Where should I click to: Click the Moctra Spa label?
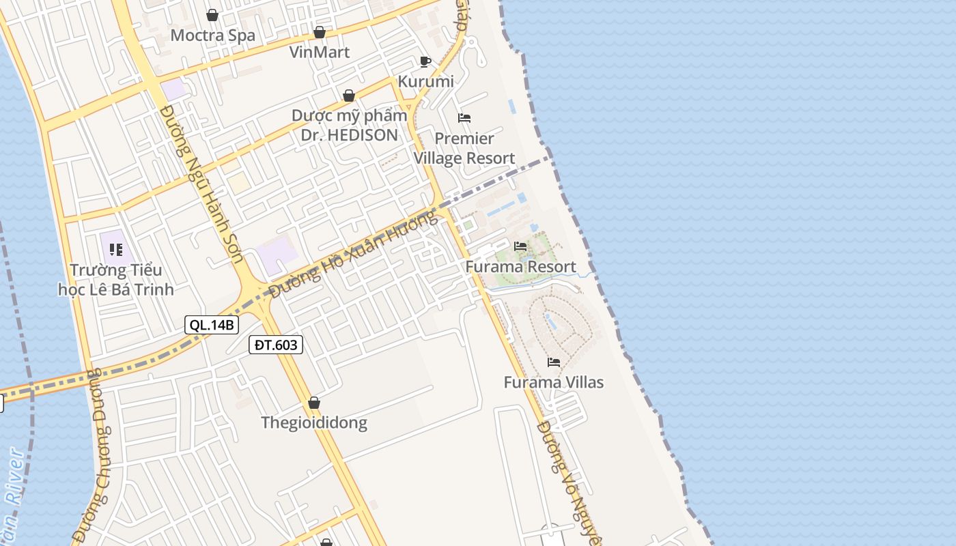point(212,35)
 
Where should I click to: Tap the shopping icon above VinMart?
point(319,32)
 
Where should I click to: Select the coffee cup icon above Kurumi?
point(425,62)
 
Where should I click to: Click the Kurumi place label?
point(425,81)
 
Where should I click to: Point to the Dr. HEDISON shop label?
point(349,125)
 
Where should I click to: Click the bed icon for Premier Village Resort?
point(464,118)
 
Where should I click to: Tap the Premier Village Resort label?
point(464,148)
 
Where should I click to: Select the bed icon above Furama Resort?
point(520,246)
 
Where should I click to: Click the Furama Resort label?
point(520,266)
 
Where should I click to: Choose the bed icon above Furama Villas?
point(554,362)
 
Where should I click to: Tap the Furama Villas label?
point(554,382)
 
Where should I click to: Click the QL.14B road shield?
point(212,325)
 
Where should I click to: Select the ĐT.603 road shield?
point(275,345)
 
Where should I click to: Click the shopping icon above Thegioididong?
point(314,403)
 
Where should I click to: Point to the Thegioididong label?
point(314,422)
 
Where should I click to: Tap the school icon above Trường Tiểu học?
point(116,250)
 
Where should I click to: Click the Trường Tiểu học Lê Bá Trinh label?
point(116,280)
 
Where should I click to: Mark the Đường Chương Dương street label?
point(96,457)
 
